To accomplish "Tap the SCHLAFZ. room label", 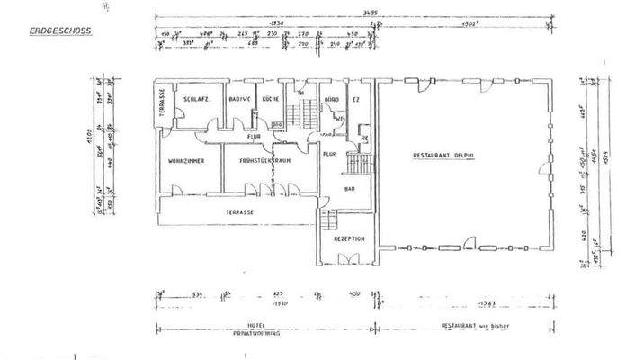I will [196, 99].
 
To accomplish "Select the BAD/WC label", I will [239, 99].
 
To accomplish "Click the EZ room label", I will [357, 99].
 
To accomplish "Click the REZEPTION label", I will [347, 238].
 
